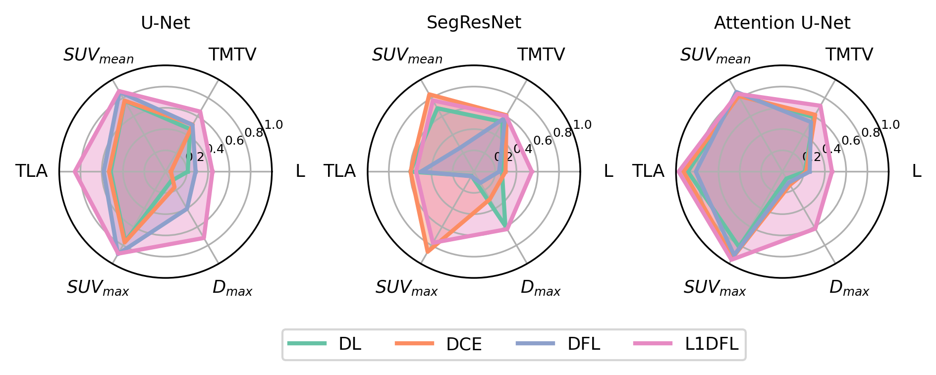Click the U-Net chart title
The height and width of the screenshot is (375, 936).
[165, 23]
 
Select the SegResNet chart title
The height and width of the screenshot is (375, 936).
[474, 23]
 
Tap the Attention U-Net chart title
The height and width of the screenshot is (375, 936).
[782, 23]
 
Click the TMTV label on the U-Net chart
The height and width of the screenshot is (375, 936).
[232, 54]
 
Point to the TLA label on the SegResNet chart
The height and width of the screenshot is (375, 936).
[339, 171]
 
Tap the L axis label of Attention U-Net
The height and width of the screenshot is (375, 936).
[917, 171]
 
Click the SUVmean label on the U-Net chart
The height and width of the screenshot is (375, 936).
[99, 55]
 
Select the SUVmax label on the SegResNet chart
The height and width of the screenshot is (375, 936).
[406, 287]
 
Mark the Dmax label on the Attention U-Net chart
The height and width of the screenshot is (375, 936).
[849, 287]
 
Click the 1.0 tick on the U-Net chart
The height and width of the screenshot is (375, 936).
[274, 124]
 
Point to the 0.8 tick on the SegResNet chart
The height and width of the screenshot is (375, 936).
[562, 132]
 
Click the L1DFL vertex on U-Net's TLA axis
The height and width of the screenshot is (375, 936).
[74, 171]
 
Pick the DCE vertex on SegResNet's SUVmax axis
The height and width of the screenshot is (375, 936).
[428, 252]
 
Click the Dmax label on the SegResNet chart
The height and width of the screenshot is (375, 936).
[540, 287]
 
